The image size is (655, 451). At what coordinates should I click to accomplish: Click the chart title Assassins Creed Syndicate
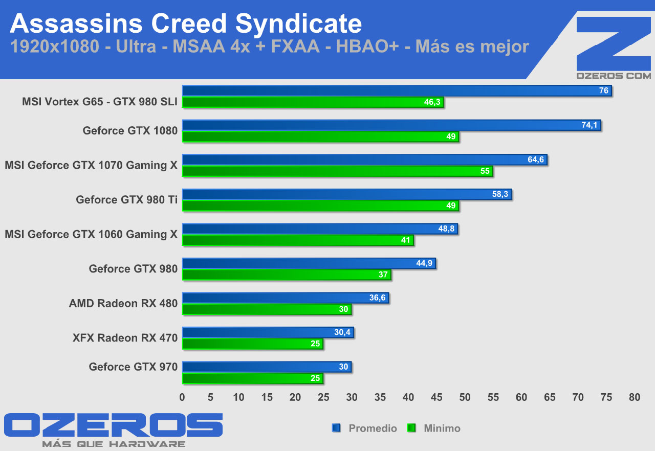(x=185, y=23)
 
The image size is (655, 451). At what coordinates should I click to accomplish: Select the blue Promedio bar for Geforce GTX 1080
(x=391, y=125)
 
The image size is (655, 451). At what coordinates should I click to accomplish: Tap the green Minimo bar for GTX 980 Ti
(x=320, y=206)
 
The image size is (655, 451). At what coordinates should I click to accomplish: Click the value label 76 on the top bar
(x=604, y=91)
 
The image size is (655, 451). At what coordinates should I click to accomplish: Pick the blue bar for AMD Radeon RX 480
(x=286, y=298)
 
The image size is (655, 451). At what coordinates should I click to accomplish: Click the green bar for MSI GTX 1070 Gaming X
(x=337, y=171)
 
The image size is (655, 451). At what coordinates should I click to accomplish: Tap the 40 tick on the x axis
(x=408, y=397)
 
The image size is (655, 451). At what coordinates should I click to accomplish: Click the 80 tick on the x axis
(x=635, y=397)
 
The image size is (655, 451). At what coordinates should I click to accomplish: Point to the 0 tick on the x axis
(x=182, y=397)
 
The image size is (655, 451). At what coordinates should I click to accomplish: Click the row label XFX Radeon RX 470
(x=125, y=338)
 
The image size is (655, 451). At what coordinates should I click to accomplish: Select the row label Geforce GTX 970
(x=133, y=367)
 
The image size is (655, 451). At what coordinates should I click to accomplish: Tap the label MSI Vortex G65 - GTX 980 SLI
(x=99, y=102)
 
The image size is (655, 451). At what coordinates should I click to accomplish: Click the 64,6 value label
(x=536, y=160)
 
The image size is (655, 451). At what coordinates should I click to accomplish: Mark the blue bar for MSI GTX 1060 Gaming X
(x=320, y=229)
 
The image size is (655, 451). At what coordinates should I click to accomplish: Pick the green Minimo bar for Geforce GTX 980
(x=287, y=275)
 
